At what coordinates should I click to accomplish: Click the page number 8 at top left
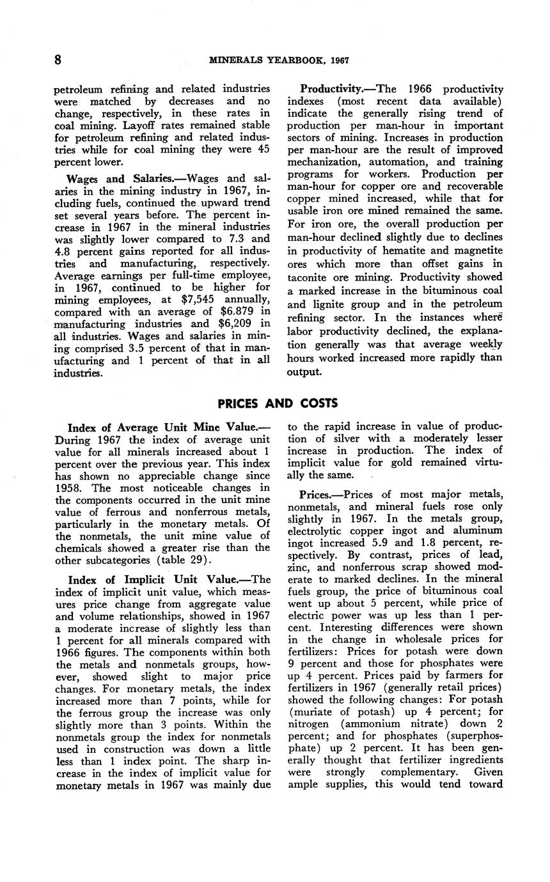pos(58,60)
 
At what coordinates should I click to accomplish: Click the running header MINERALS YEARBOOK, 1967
pos(279,61)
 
